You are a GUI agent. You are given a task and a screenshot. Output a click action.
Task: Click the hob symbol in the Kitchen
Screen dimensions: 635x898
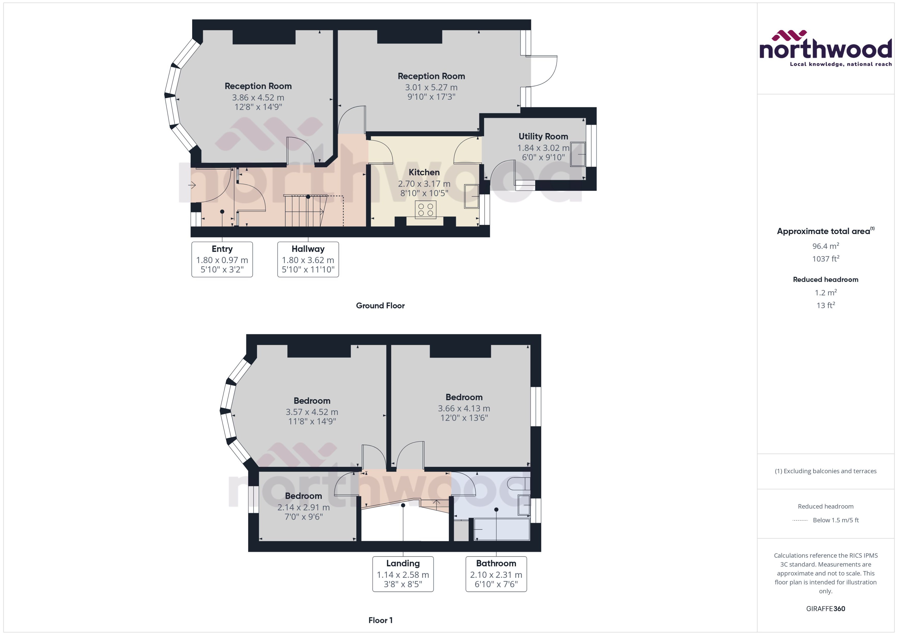click(425, 210)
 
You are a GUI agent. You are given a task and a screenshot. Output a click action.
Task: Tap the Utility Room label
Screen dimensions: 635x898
click(543, 136)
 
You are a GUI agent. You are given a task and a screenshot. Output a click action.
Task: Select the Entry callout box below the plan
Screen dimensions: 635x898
click(222, 259)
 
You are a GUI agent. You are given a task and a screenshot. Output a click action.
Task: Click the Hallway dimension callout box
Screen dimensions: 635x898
click(308, 259)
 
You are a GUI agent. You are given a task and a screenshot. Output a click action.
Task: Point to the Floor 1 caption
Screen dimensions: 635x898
click(380, 620)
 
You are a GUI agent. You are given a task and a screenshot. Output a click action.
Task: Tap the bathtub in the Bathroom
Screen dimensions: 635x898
click(502, 529)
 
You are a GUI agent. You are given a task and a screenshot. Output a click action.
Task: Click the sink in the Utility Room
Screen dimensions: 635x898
click(578, 154)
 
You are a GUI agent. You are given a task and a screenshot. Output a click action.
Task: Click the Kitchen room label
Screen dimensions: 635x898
click(424, 173)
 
